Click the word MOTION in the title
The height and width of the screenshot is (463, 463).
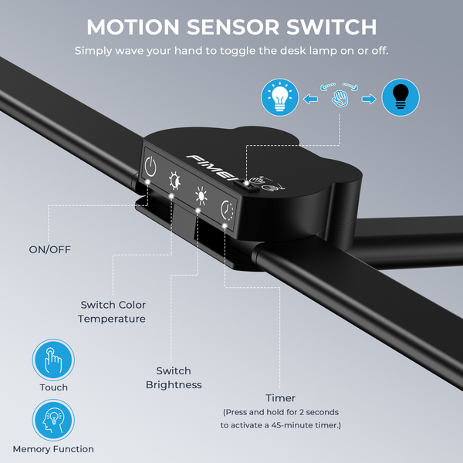pos(130,27)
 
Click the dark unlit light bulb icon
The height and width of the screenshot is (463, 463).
pos(401,98)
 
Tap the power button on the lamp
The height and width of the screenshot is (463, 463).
pos(151,166)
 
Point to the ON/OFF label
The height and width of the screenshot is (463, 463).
pos(49,249)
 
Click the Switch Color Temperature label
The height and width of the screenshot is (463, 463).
pos(112,312)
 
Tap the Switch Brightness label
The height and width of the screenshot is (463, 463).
pos(174,378)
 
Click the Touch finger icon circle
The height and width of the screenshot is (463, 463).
pos(53,360)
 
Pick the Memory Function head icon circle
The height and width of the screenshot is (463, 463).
pos(53,421)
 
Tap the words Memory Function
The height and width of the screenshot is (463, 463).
pos(53,449)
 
